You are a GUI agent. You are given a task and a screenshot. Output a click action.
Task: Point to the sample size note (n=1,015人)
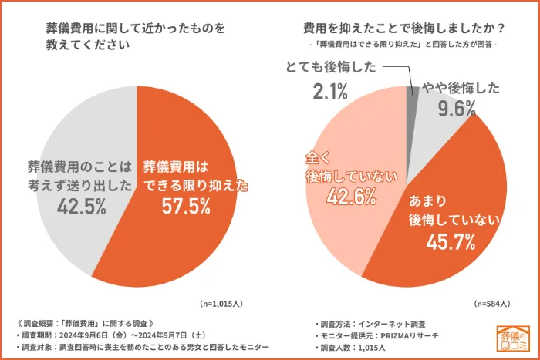226,303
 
